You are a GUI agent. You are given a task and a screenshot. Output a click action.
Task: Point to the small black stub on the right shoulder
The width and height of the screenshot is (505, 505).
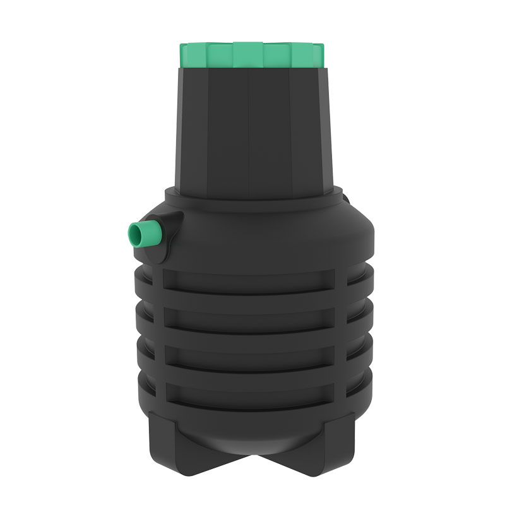pyautogui.click(x=347, y=199)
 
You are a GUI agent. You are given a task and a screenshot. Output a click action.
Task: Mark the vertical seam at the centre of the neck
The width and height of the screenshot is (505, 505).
pyautogui.click(x=249, y=126)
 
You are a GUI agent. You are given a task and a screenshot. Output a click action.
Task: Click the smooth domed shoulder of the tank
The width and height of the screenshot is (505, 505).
pyautogui.click(x=265, y=234)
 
